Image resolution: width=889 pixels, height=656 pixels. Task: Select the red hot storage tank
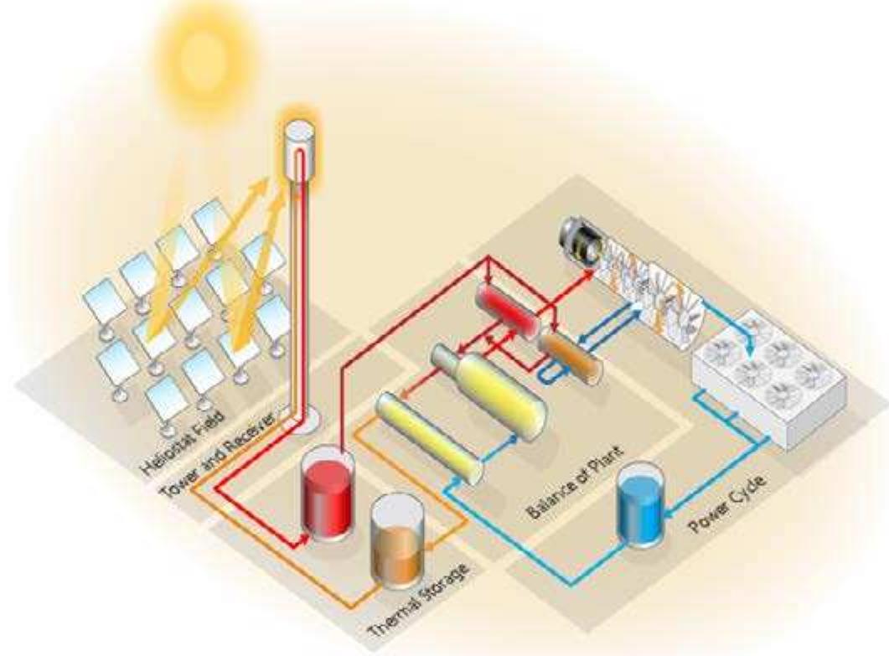click(328, 496)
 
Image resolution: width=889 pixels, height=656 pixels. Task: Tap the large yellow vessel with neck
click(492, 394)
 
